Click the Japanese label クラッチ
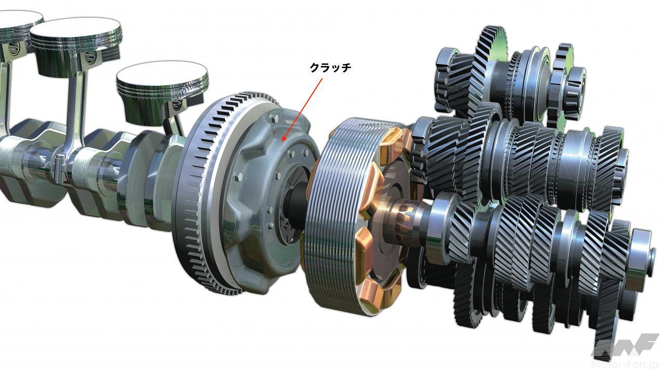[x=330, y=68]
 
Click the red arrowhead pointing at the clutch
[x=284, y=138]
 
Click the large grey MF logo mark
[x=625, y=345]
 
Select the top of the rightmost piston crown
[x=162, y=75]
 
